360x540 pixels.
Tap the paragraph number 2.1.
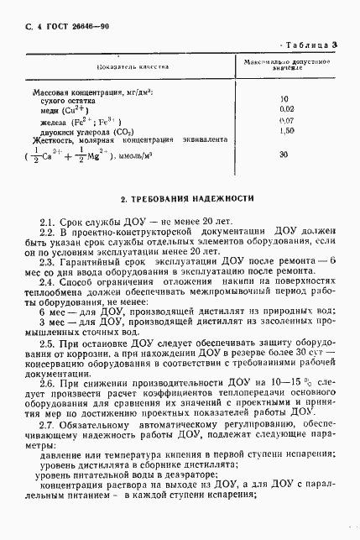(49, 221)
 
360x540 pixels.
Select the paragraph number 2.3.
(49, 262)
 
